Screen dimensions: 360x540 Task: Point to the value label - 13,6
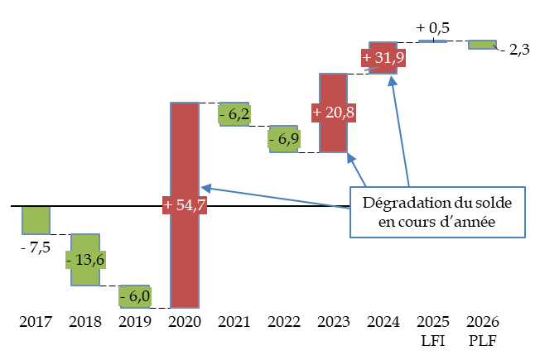point(85,260)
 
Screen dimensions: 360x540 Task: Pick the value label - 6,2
point(234,114)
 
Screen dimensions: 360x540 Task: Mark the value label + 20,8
point(334,112)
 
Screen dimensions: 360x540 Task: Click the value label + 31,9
point(383,58)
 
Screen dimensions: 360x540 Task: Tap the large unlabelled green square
point(36,221)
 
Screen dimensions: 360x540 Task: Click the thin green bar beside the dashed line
point(482,45)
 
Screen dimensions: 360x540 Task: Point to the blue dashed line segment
point(432,41)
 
